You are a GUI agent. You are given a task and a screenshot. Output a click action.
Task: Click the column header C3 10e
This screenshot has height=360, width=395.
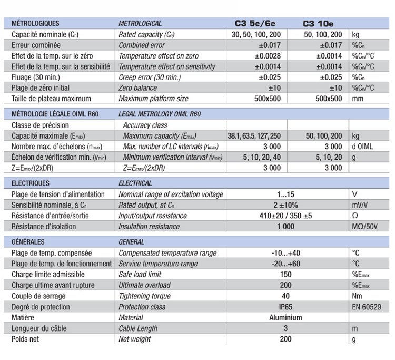pyautogui.click(x=318, y=24)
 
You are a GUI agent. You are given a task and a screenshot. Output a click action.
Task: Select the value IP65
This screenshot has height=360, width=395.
pyautogui.click(x=286, y=307)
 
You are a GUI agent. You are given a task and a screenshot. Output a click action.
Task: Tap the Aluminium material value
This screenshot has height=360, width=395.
pyautogui.click(x=286, y=318)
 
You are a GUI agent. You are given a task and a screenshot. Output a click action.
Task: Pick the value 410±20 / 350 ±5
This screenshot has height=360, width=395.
pyautogui.click(x=286, y=216)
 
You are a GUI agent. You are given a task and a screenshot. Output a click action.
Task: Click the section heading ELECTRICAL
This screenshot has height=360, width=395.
pyautogui.click(x=135, y=183)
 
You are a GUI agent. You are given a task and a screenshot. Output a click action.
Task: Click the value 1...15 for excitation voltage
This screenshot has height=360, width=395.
pyautogui.click(x=286, y=194)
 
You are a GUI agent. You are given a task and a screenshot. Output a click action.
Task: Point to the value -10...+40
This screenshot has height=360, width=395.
pyautogui.click(x=286, y=253)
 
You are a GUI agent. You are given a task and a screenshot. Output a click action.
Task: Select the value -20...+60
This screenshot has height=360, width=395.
pyautogui.click(x=286, y=264)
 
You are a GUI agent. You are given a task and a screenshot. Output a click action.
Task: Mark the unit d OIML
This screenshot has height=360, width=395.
pyautogui.click(x=364, y=147)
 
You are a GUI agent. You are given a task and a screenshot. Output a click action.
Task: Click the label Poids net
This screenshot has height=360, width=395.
pyautogui.click(x=25, y=339)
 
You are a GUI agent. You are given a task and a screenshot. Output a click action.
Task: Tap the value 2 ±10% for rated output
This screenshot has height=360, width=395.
pyautogui.click(x=286, y=205)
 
